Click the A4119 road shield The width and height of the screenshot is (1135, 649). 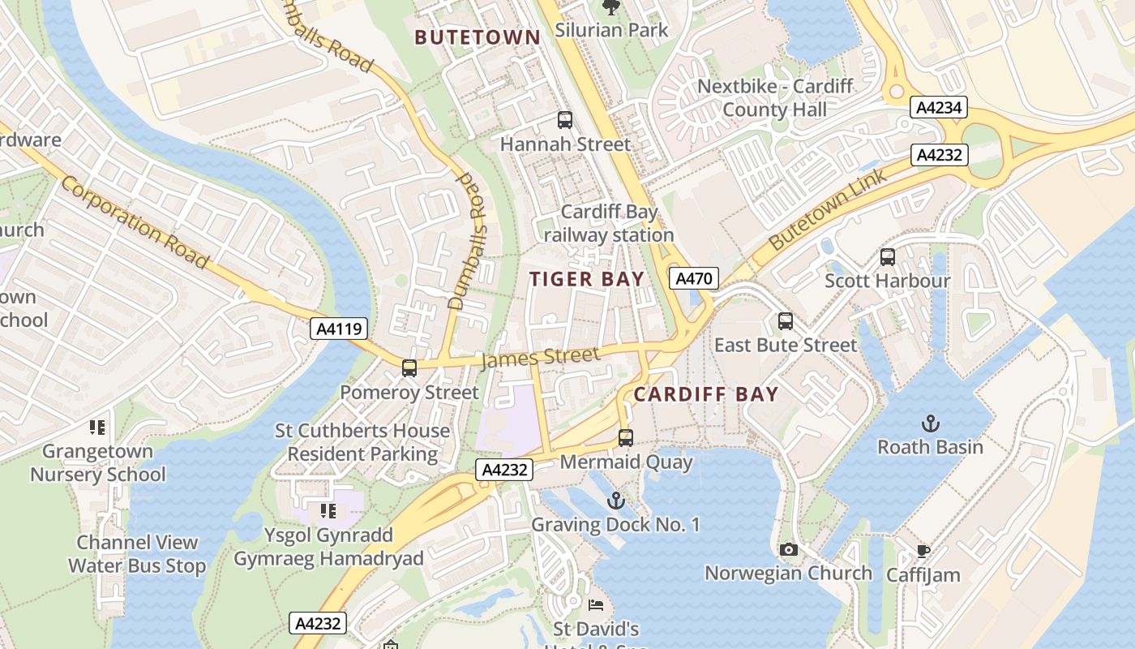(340, 329)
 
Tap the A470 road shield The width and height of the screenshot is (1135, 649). (694, 279)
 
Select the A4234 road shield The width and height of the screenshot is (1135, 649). (939, 107)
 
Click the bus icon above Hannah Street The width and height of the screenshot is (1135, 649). (565, 120)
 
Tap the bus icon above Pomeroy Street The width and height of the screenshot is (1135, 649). (409, 368)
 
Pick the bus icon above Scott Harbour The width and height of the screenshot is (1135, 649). (888, 257)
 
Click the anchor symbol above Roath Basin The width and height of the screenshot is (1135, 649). (930, 423)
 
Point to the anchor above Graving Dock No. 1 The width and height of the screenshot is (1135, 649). (616, 501)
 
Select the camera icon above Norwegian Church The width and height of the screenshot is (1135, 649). (788, 550)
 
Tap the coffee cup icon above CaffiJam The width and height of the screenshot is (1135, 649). (923, 552)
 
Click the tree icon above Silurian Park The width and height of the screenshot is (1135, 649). (611, 8)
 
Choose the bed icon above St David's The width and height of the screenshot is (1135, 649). (596, 605)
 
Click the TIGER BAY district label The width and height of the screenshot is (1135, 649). (587, 279)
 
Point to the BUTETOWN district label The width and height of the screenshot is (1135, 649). (477, 37)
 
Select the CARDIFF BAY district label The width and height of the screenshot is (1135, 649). (706, 395)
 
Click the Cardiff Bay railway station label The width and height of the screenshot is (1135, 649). (609, 224)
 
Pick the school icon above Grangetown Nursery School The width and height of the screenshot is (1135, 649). (97, 427)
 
